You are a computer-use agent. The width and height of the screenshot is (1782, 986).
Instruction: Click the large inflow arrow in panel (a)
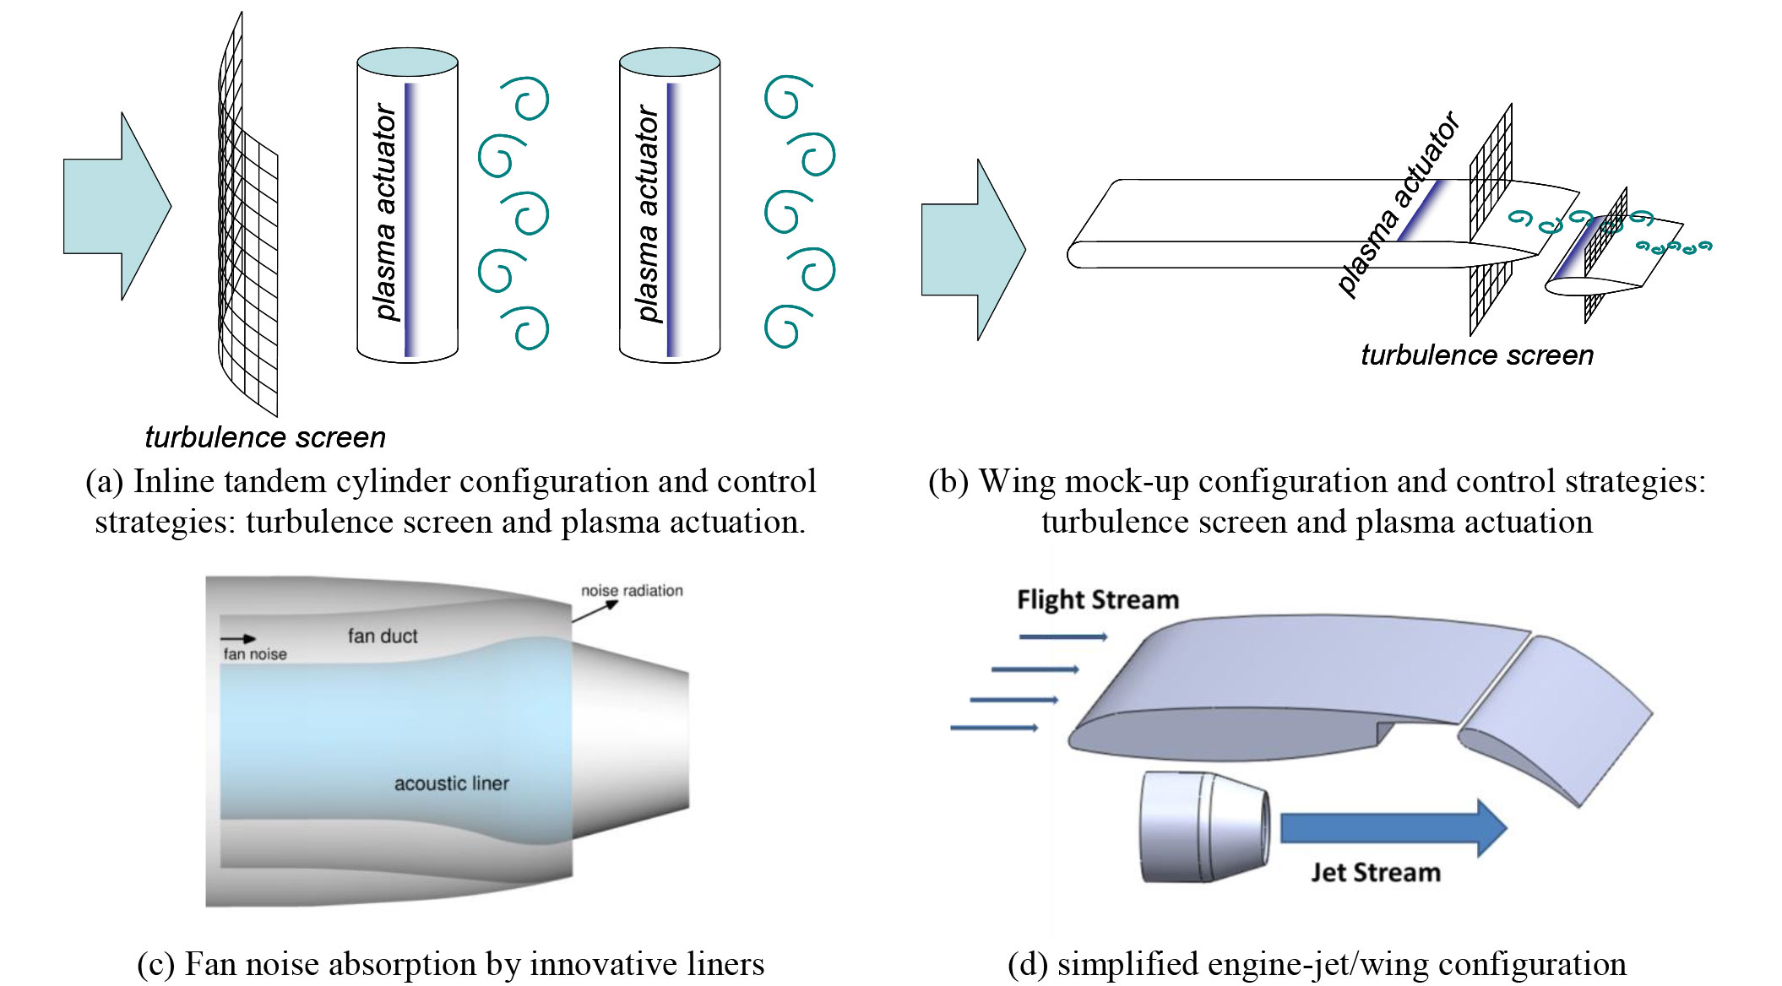114,206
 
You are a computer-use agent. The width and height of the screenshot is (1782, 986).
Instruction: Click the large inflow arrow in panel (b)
971,250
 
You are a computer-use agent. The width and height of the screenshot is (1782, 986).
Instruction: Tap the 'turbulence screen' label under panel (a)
265,437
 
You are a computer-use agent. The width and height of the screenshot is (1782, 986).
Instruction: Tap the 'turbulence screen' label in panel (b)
1476,355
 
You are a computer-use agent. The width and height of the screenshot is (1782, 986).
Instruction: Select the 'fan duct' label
383,636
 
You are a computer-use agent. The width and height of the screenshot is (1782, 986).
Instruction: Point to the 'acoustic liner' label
451,783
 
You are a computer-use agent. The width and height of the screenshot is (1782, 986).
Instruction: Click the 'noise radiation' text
632,591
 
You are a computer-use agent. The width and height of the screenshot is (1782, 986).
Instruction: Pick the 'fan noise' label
254,654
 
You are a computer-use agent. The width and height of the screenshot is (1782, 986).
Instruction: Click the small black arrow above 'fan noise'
237,639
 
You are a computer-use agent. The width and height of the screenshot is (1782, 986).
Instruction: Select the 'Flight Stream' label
1097,600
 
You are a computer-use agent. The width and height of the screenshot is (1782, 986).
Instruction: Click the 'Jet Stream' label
1375,873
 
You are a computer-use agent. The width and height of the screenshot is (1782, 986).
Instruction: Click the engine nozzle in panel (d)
1203,827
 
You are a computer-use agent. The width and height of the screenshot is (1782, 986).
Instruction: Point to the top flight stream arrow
1062,637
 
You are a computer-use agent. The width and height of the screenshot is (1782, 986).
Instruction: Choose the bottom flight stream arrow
993,728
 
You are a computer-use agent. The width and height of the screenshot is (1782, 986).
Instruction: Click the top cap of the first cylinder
407,62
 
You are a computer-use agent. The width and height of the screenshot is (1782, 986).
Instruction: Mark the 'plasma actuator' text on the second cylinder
648,213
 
